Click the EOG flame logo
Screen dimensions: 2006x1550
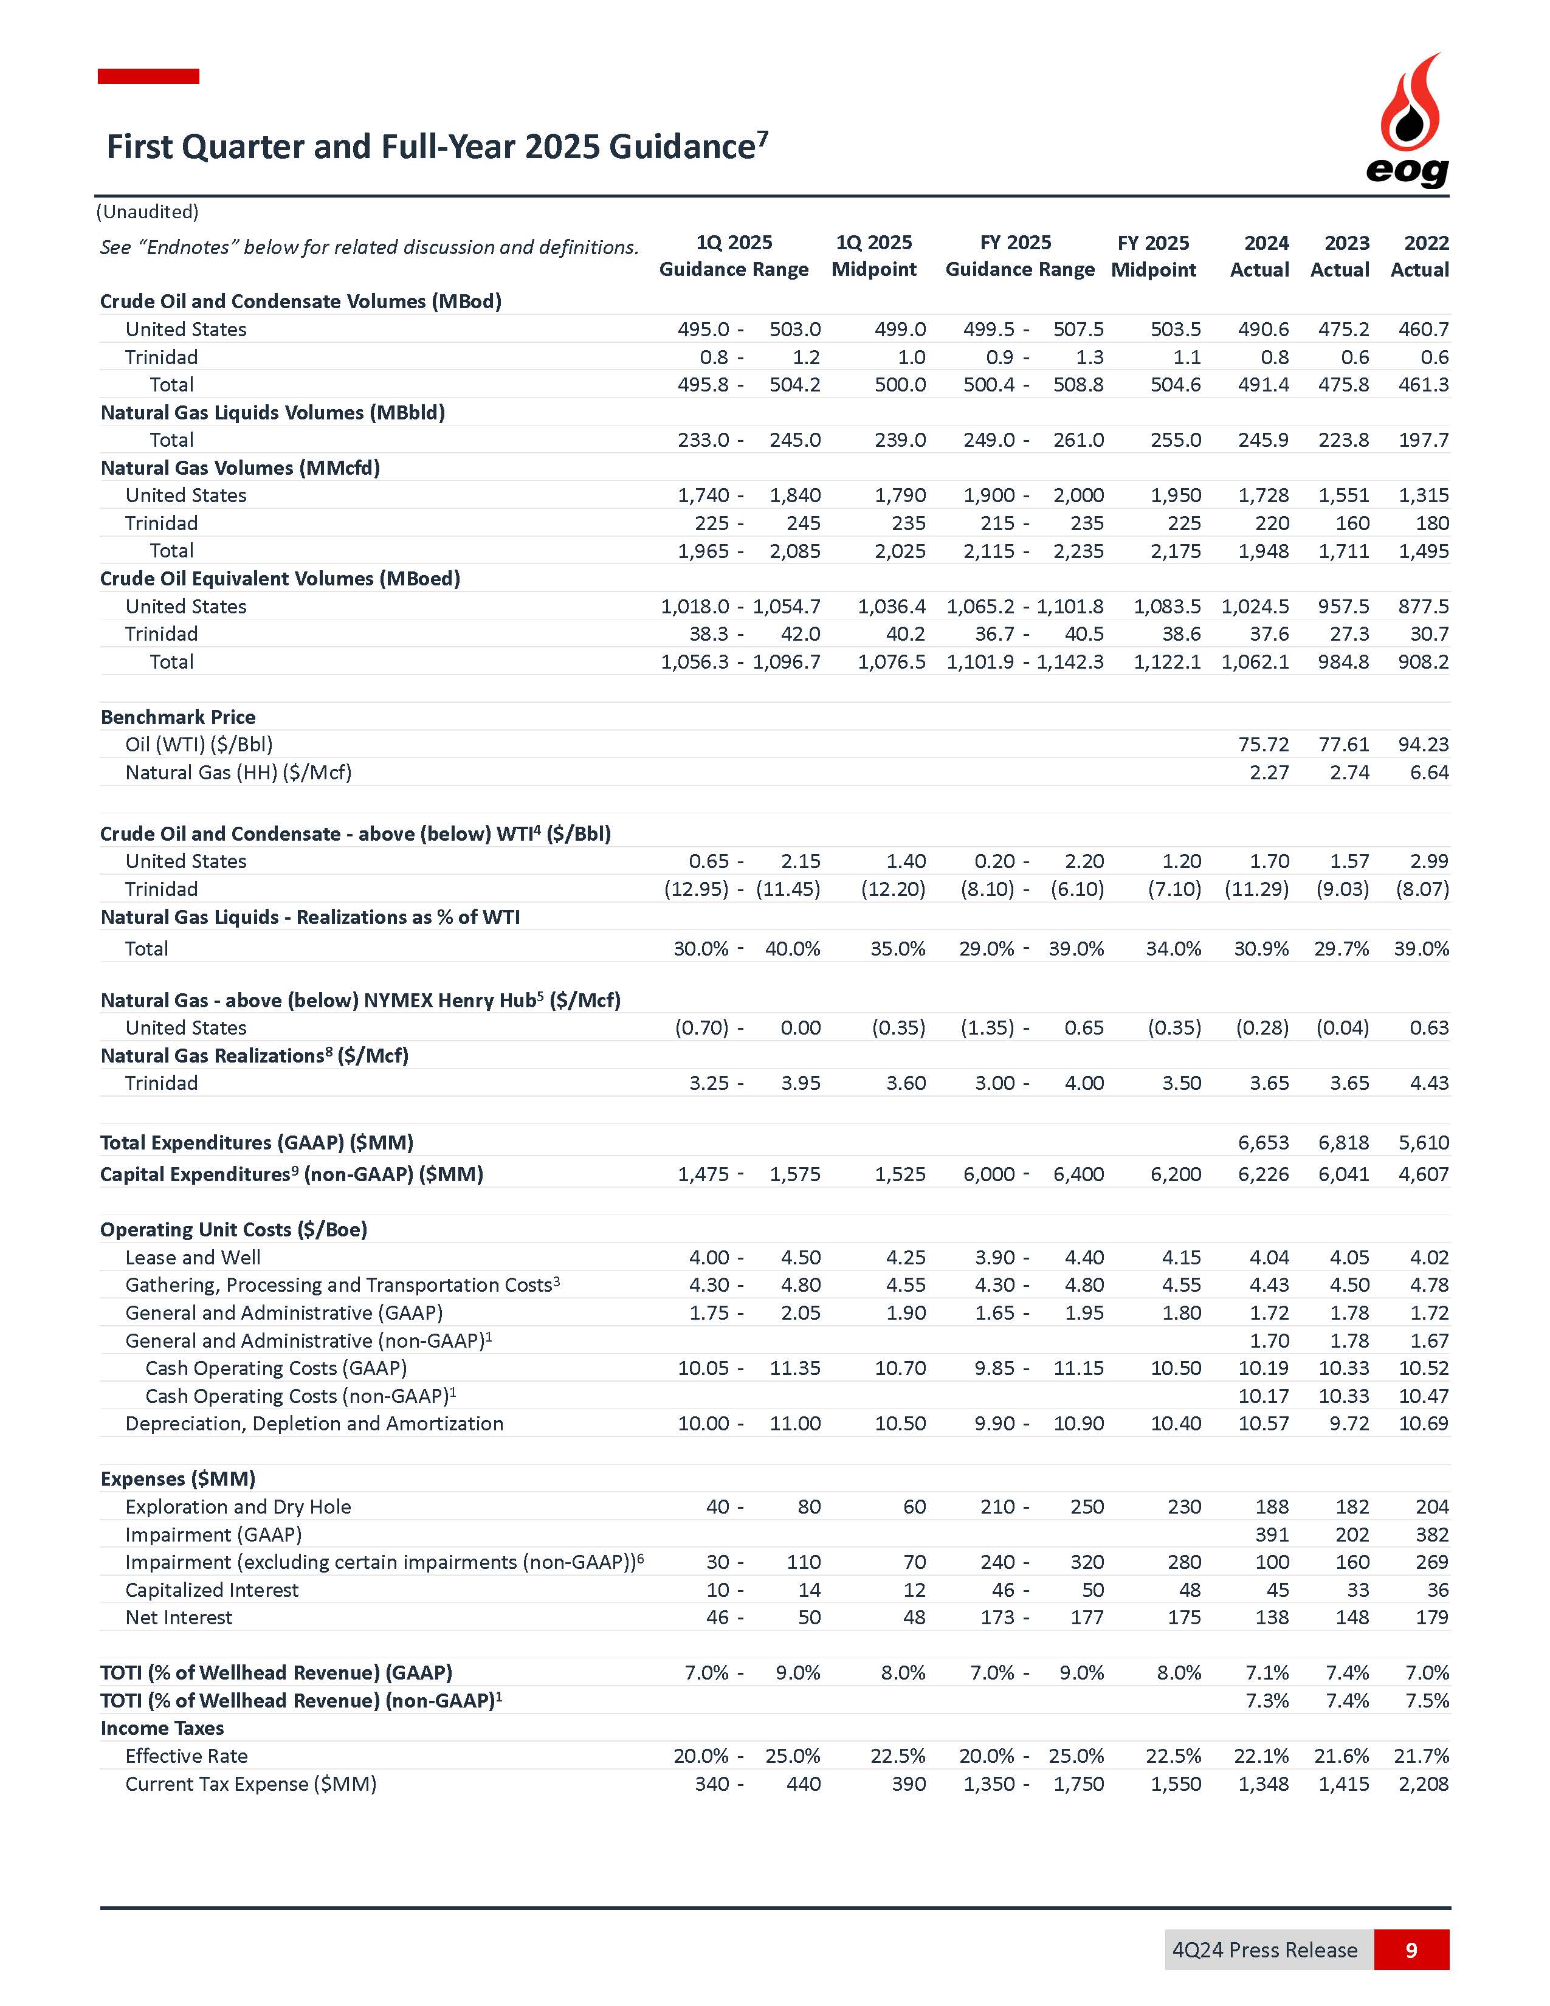(x=1408, y=119)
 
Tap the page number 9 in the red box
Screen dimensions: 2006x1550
(x=1411, y=1949)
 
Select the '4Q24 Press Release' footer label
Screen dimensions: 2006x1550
(x=1264, y=1949)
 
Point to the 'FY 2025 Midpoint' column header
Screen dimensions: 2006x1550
(x=1153, y=257)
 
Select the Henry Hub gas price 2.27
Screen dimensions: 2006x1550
(x=1269, y=773)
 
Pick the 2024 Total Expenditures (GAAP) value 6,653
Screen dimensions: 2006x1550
(x=1264, y=1143)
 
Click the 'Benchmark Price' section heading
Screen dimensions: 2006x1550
(x=178, y=717)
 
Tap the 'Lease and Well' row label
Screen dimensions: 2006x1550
(x=193, y=1258)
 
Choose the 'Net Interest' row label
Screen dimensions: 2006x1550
(x=179, y=1618)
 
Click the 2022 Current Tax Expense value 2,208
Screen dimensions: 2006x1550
(x=1424, y=1784)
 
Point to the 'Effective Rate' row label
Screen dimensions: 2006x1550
(x=187, y=1756)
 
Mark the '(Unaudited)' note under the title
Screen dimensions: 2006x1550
(x=148, y=212)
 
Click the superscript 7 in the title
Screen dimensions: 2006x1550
(x=762, y=138)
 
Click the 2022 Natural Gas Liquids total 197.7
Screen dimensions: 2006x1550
(x=1424, y=440)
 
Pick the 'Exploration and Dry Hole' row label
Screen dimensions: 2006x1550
(x=238, y=1506)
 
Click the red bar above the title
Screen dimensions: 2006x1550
(x=149, y=76)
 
